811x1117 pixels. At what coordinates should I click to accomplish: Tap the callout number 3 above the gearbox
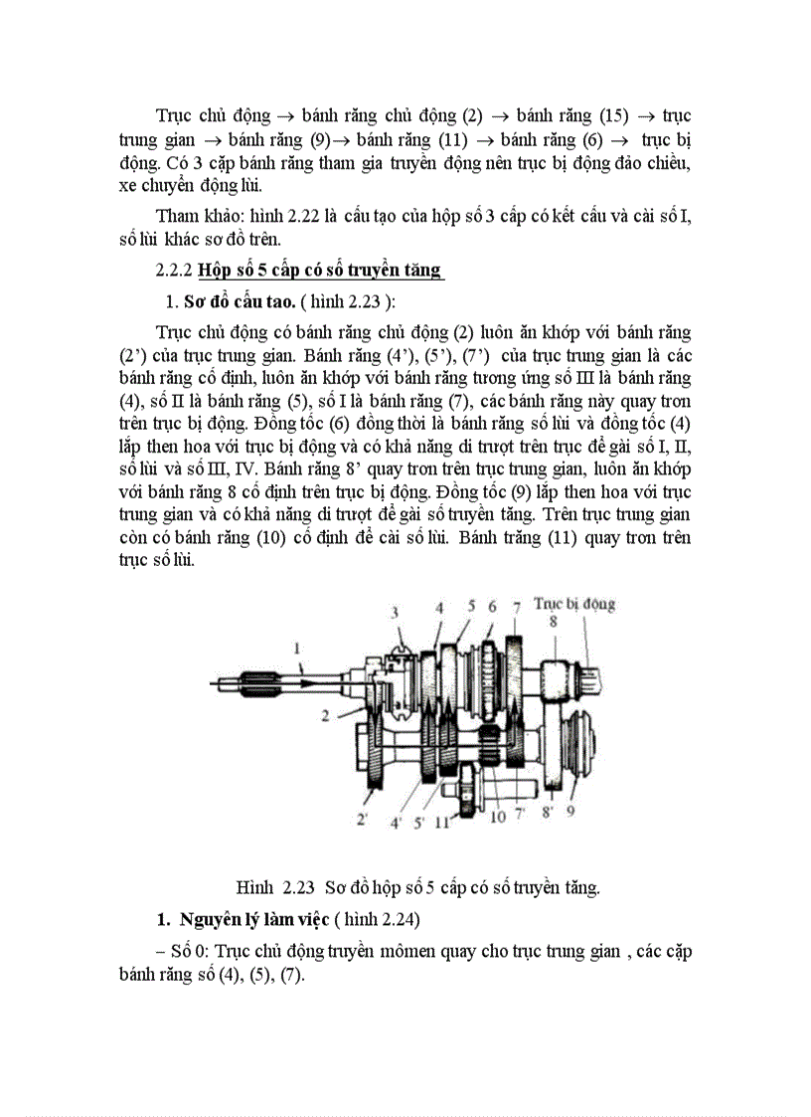pyautogui.click(x=394, y=611)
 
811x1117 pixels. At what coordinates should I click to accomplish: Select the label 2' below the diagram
pyautogui.click(x=364, y=821)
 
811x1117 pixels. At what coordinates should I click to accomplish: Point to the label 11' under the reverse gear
pyautogui.click(x=443, y=822)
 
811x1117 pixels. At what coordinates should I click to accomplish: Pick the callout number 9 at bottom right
pyautogui.click(x=571, y=811)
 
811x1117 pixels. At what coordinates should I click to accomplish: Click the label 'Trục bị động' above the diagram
pyautogui.click(x=574, y=603)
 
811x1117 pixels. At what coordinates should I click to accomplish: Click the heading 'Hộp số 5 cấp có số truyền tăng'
pyautogui.click(x=320, y=270)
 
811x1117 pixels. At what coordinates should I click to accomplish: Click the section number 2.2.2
pyautogui.click(x=175, y=270)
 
